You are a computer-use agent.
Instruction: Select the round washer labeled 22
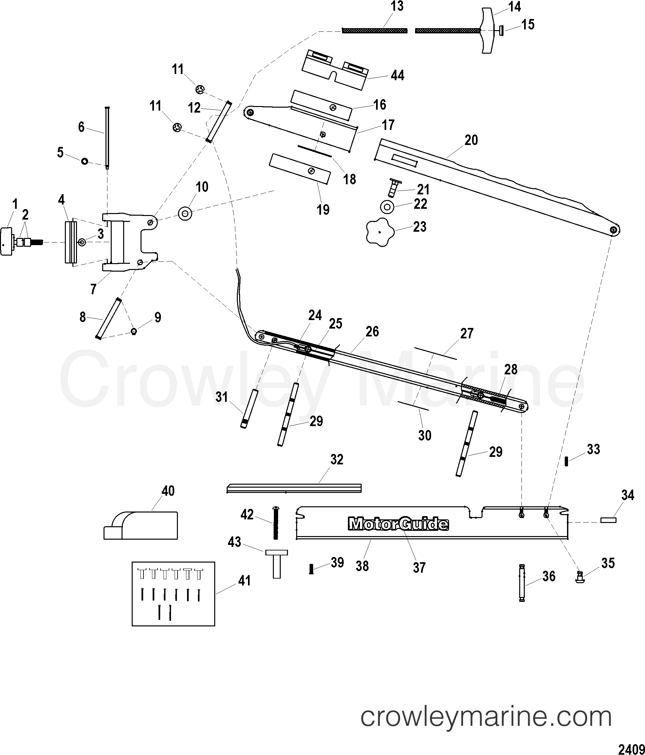click(387, 207)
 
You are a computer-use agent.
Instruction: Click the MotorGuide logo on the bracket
click(398, 524)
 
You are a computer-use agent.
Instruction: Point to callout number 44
click(397, 75)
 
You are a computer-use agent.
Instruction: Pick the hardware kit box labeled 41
click(173, 594)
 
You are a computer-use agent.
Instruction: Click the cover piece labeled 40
click(141, 526)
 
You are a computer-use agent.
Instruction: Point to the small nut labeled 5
click(84, 161)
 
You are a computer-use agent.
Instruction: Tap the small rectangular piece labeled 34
click(608, 520)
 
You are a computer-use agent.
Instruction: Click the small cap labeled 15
click(502, 31)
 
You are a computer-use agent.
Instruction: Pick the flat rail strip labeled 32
click(294, 488)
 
